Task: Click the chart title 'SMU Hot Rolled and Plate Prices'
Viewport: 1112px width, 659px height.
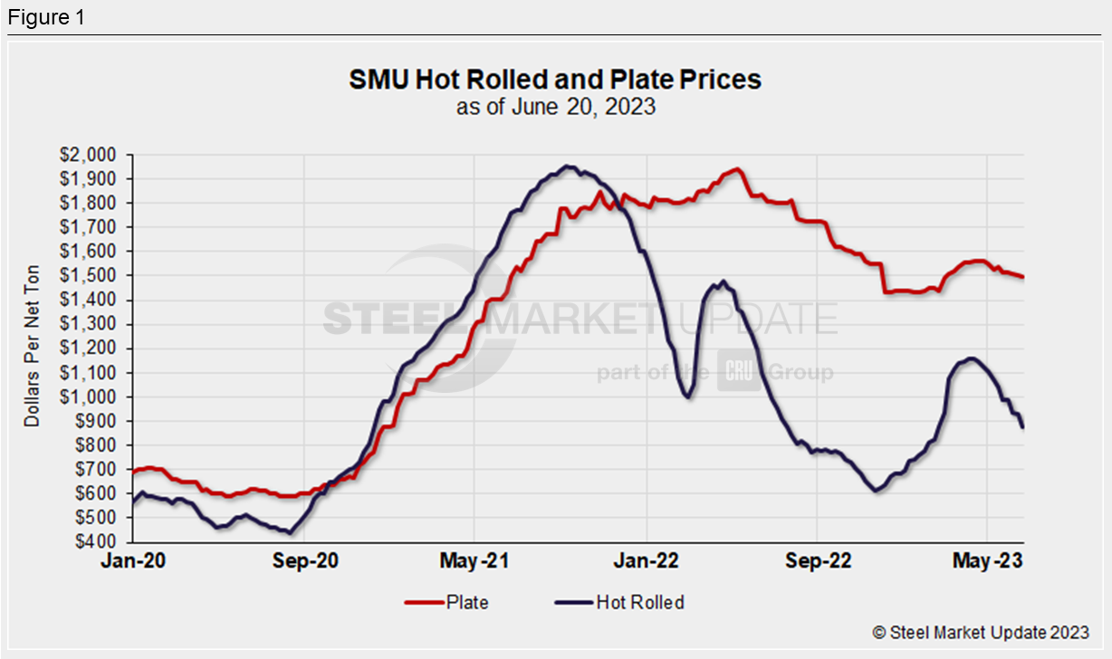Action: point(555,80)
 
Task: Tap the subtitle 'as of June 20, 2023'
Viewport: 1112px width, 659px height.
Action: point(555,107)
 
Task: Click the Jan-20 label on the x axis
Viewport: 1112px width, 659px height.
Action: point(133,561)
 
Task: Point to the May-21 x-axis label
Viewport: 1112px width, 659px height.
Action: point(475,561)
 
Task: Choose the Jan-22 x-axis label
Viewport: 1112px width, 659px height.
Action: point(647,561)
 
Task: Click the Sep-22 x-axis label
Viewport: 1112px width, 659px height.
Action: point(817,561)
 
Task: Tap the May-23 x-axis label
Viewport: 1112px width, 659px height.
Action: point(987,561)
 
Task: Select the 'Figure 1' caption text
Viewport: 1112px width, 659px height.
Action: point(45,18)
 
